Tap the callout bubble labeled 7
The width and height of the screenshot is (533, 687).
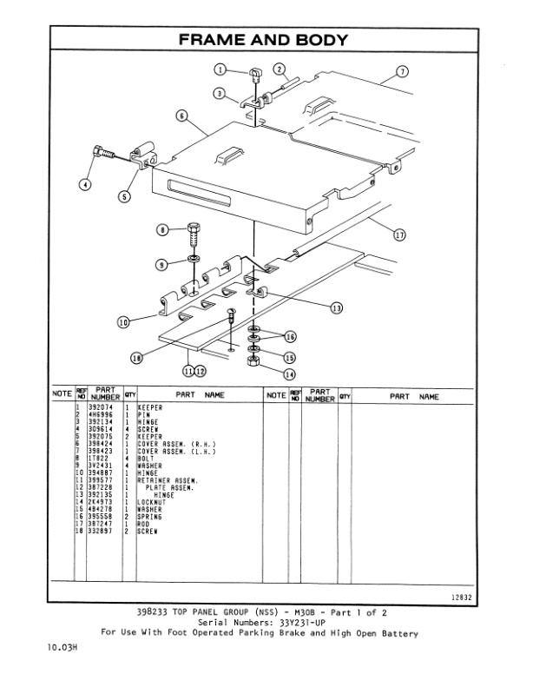click(x=402, y=71)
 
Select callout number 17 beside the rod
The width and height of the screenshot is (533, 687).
click(x=398, y=234)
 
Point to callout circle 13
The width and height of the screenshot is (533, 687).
click(x=336, y=308)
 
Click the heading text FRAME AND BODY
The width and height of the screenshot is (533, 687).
click(x=263, y=40)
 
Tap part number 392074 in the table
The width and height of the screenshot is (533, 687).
click(x=89, y=406)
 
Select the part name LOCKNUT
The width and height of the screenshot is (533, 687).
click(x=154, y=501)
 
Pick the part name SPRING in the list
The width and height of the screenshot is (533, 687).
click(x=151, y=516)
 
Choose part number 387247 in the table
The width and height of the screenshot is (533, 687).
click(x=89, y=523)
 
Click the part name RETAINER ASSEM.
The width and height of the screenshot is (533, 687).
click(x=168, y=479)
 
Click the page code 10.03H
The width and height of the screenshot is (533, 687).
click(x=62, y=648)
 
